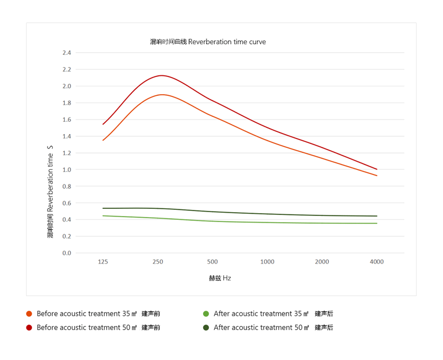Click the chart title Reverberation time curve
tap(208, 42)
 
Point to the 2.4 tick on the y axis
tap(66, 53)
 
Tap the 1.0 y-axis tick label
tap(66, 169)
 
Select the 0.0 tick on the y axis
tap(66, 253)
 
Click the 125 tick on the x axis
tap(103, 262)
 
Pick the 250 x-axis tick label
tap(158, 262)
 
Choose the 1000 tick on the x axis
tap(267, 262)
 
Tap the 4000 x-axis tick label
tap(377, 262)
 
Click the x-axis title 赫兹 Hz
tap(220, 279)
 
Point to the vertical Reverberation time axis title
tap(50, 192)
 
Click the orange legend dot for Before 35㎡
tap(29, 314)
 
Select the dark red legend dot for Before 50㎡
tap(29, 327)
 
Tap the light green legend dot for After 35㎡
tap(206, 314)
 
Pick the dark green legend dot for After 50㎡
tap(206, 327)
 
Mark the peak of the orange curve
tap(162, 95)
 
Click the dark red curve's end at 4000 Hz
tap(377, 169)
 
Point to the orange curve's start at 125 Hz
tap(103, 140)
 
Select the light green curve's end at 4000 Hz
tap(377, 223)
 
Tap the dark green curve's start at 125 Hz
tap(103, 208)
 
